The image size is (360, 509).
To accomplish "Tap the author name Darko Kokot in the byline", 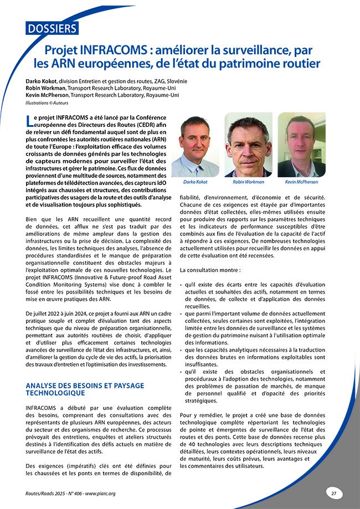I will pos(41,81).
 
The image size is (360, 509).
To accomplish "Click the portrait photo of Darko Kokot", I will pos(194,146).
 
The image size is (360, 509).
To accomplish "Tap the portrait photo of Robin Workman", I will pos(248,145).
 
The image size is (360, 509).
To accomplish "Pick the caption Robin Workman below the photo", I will pos(248,182).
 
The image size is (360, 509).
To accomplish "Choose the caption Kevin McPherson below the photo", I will pos(301,182).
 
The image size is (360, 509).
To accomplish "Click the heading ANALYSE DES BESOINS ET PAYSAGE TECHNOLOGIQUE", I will pos(77,389).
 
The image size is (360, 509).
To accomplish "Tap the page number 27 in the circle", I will pos(334,492).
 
